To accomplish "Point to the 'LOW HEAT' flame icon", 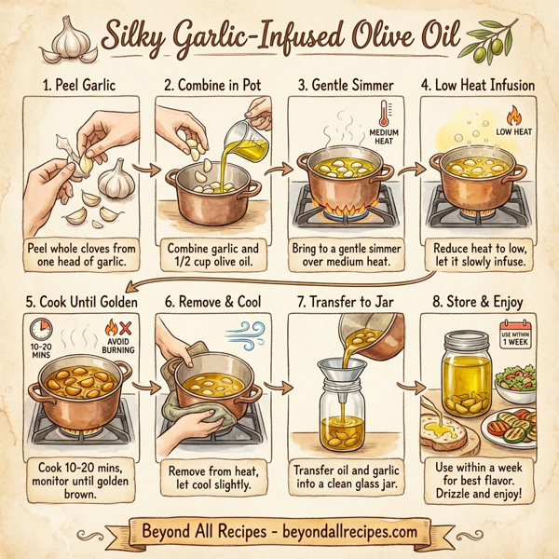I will point(511,117).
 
